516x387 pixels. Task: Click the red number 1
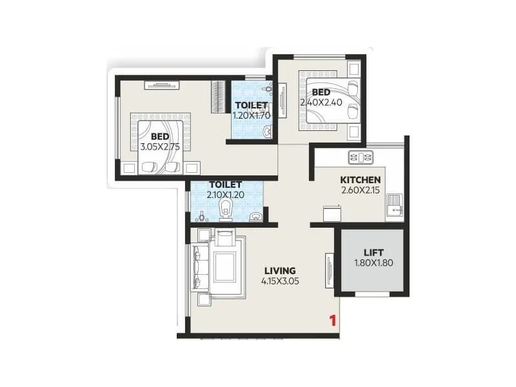333,320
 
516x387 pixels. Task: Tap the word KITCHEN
360,179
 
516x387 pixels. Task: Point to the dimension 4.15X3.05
280,281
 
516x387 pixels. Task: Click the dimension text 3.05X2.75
159,147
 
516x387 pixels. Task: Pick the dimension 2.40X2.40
320,102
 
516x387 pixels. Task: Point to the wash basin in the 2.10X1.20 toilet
256,215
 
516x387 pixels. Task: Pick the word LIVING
280,271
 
